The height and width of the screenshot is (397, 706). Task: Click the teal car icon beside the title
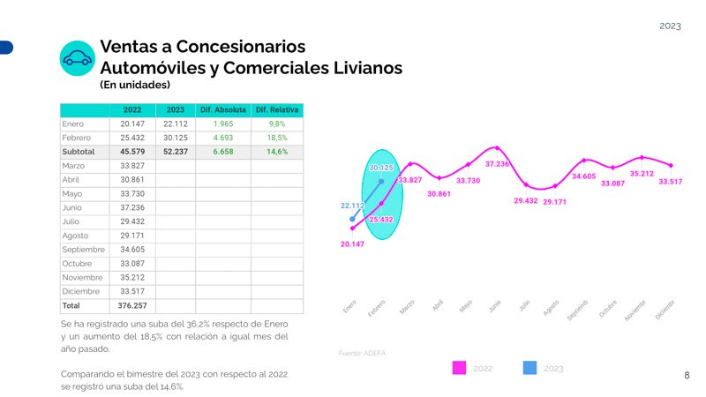[77, 58]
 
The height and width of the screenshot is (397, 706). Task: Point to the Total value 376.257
[132, 305]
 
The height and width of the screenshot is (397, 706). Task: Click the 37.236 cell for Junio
[132, 207]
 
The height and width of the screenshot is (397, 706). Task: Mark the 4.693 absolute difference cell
[228, 138]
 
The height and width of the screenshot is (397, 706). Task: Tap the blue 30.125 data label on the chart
[381, 168]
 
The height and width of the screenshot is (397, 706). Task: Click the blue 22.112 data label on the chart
[352, 206]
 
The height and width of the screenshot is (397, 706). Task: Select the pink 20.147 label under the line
[352, 244]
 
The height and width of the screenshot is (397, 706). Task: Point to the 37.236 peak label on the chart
[498, 164]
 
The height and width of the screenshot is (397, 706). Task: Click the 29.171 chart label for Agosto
[555, 202]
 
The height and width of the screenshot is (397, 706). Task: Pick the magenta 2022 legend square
[458, 368]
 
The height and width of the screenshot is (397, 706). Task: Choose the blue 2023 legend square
[529, 368]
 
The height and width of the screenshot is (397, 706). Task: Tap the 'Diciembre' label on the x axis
[665, 309]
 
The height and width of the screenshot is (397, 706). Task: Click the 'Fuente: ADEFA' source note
[362, 353]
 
